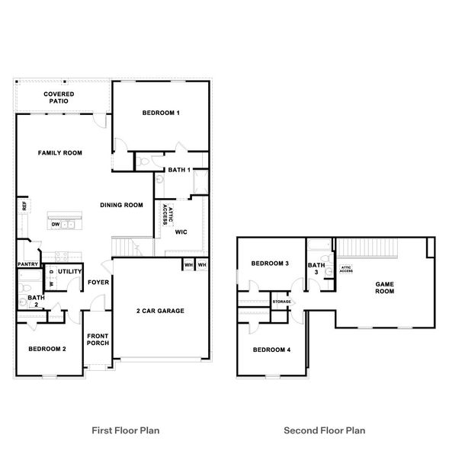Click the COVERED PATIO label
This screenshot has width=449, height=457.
pyautogui.click(x=58, y=97)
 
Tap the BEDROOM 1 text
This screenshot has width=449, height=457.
pyautogui.click(x=161, y=113)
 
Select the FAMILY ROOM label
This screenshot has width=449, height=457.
pyautogui.click(x=60, y=153)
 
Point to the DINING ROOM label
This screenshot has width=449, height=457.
pyautogui.click(x=122, y=205)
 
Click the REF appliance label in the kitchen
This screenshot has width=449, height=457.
pyautogui.click(x=24, y=206)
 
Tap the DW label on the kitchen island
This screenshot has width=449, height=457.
pyautogui.click(x=56, y=225)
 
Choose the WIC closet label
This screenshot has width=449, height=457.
pyautogui.click(x=181, y=232)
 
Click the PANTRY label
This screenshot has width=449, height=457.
pyautogui.click(x=28, y=265)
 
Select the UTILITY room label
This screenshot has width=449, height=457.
pyautogui.click(x=70, y=271)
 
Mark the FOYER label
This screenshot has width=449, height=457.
pyautogui.click(x=98, y=283)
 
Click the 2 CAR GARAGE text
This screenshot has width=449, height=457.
pyautogui.click(x=160, y=311)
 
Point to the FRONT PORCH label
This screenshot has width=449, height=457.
pyautogui.click(x=98, y=340)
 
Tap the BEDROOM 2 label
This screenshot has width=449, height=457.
pyautogui.click(x=47, y=349)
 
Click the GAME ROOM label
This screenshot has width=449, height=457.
pyautogui.click(x=384, y=287)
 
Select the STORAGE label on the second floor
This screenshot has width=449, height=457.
pyautogui.click(x=282, y=302)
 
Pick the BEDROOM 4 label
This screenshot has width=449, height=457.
pyautogui.click(x=271, y=350)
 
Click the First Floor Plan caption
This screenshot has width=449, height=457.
pyautogui.click(x=125, y=430)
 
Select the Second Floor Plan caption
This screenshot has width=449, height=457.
pyautogui.click(x=324, y=430)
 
